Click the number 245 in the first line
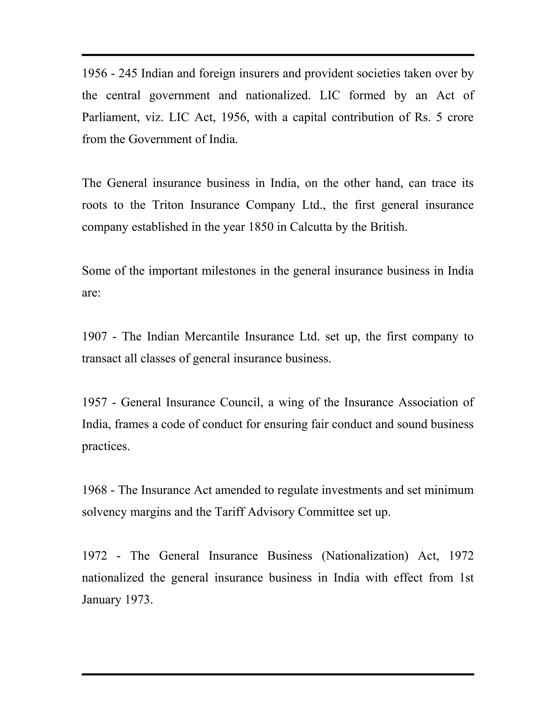click(x=128, y=74)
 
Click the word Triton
click(x=168, y=205)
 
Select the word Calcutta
click(x=311, y=227)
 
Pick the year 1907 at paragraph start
click(x=94, y=336)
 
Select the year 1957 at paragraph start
click(x=94, y=402)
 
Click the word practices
click(x=105, y=446)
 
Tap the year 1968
click(x=94, y=490)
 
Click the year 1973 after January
click(x=139, y=600)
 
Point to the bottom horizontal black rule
click(x=278, y=674)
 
